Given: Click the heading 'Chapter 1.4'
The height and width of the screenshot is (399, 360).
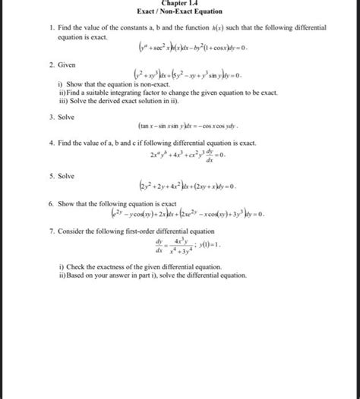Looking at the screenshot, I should coord(180,3).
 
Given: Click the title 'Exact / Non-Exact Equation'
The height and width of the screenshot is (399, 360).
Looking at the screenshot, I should coord(180,13).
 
